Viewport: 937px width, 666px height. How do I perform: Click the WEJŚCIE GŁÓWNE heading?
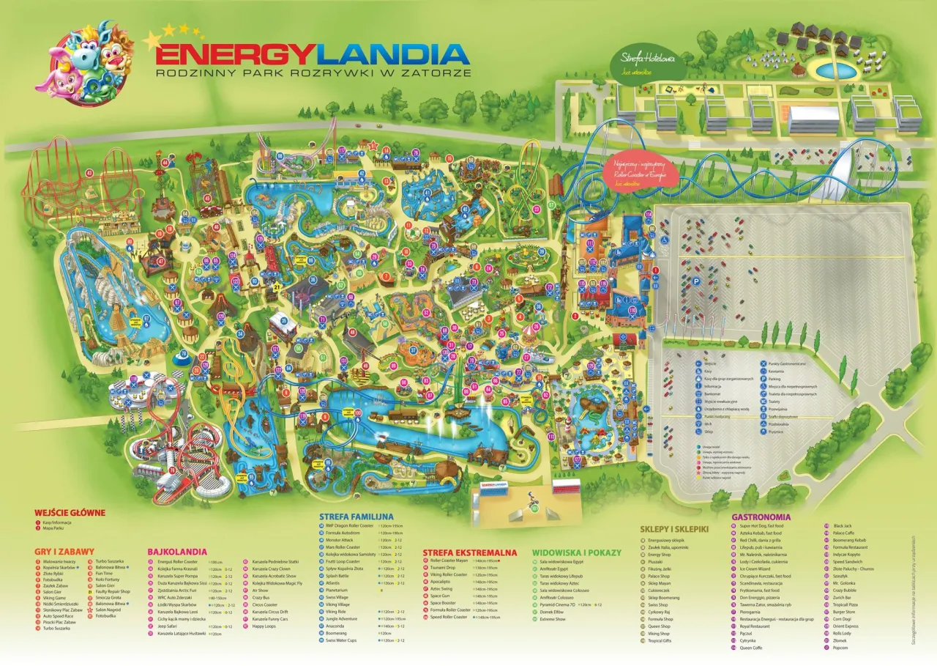(x=70, y=513)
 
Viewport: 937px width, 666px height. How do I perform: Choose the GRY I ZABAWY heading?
(x=64, y=551)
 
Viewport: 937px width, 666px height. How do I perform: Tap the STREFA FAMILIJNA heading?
(x=356, y=517)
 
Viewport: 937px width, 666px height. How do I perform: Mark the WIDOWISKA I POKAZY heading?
(x=576, y=552)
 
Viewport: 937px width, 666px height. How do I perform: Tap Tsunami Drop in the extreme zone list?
(x=444, y=568)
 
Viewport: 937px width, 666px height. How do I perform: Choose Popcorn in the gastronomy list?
(x=841, y=648)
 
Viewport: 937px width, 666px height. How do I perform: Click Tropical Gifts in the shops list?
(x=660, y=640)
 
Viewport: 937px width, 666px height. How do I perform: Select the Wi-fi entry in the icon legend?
(x=706, y=423)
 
